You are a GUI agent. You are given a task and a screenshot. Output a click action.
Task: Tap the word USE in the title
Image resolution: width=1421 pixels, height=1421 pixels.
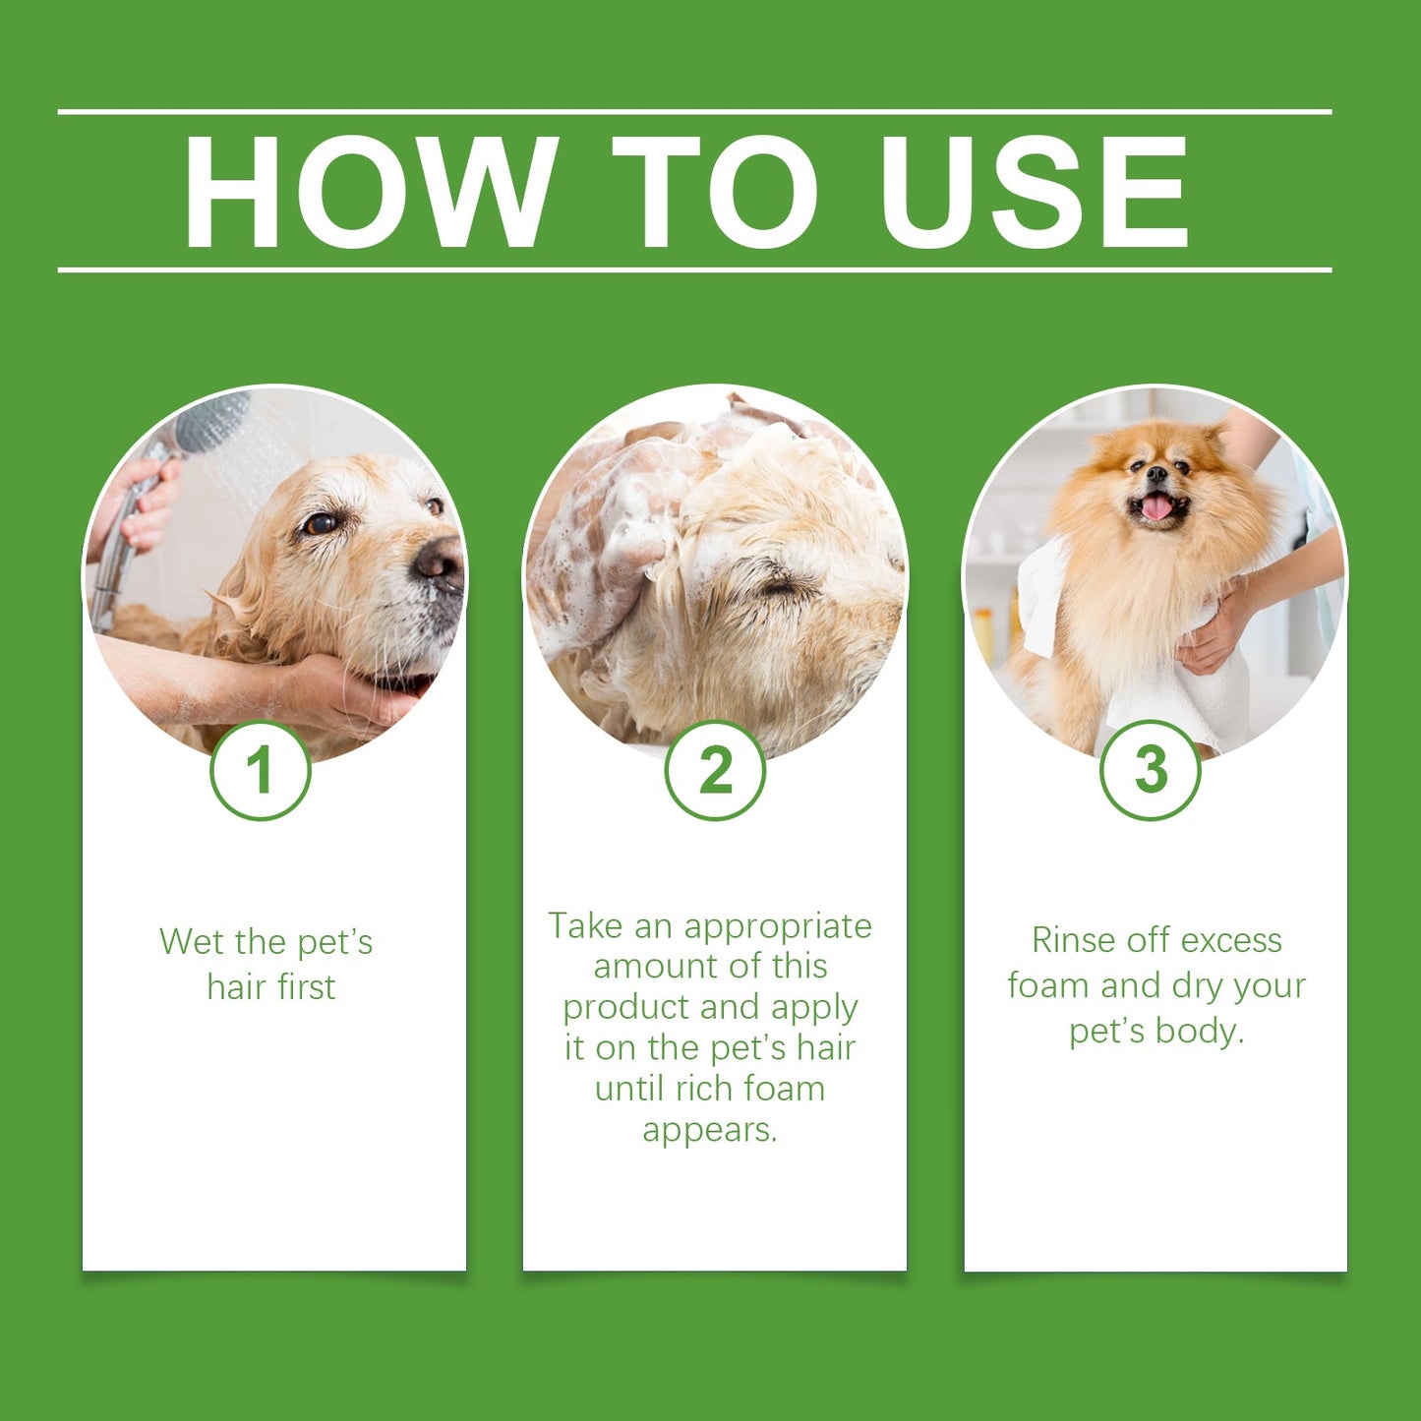pyautogui.click(x=1034, y=191)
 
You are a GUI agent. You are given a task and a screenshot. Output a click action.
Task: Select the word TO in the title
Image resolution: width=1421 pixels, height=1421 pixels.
pyautogui.click(x=715, y=191)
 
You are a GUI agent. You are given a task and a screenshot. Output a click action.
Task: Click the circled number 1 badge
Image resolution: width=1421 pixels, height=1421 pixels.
pyautogui.click(x=261, y=770)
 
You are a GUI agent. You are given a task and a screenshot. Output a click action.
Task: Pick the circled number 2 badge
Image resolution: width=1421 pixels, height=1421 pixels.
pyautogui.click(x=715, y=770)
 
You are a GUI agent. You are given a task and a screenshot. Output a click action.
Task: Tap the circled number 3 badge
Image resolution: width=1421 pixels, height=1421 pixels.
pyautogui.click(x=1150, y=770)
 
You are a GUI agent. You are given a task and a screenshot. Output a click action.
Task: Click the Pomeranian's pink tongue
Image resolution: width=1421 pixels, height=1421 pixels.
pyautogui.click(x=1156, y=507)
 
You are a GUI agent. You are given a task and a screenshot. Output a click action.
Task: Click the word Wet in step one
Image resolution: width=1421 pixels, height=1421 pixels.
pyautogui.click(x=192, y=942)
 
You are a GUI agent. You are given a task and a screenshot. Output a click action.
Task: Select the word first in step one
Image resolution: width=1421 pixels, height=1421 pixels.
pyautogui.click(x=306, y=987)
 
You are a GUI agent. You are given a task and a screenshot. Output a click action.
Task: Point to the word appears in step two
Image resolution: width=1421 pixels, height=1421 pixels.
pyautogui.click(x=709, y=1130)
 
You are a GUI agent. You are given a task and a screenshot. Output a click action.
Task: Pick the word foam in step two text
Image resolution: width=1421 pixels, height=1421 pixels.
pyautogui.click(x=784, y=1089)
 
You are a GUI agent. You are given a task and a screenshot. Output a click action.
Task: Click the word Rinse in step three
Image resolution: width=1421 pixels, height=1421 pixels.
pyautogui.click(x=1072, y=940)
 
